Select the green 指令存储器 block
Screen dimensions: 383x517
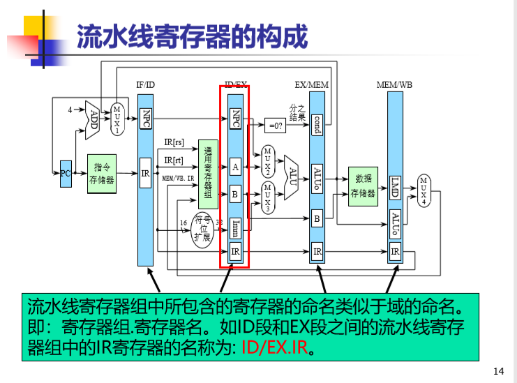coord(102,173)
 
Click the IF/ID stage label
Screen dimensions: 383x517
coord(145,85)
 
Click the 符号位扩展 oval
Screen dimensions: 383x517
coord(202,228)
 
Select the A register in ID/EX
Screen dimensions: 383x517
coord(236,167)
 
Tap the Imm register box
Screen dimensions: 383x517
coord(236,227)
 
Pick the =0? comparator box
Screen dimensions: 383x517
coord(274,126)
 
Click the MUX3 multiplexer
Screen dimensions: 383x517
coord(267,197)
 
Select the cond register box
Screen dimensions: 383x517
coord(317,124)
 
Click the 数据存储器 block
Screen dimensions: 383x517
coord(363,186)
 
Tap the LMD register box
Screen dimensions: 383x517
coord(394,187)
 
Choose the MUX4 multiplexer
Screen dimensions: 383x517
coord(424,190)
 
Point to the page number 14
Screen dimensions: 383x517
coord(497,370)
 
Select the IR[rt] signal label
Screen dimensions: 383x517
coord(174,160)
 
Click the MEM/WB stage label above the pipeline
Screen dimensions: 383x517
coord(394,85)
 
